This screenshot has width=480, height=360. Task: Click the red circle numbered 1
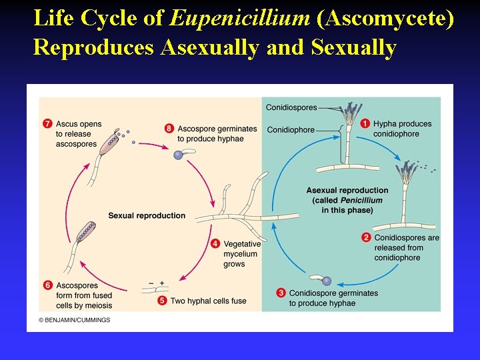click(365, 123)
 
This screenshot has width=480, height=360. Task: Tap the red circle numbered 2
click(366, 237)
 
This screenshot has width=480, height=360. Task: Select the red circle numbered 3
click(281, 293)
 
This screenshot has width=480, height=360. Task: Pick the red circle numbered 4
click(215, 243)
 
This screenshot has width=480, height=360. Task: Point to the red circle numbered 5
click(162, 301)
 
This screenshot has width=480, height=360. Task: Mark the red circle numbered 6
click(47, 285)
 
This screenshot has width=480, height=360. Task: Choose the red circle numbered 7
click(47, 123)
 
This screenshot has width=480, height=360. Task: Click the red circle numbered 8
click(169, 129)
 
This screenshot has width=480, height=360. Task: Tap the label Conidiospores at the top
click(291, 107)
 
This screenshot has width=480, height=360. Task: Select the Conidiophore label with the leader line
click(290, 130)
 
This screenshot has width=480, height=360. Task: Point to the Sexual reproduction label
click(147, 215)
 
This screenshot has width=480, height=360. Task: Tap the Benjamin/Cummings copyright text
click(74, 320)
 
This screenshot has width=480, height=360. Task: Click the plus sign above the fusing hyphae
click(161, 283)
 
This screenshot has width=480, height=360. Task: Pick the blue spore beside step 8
click(178, 155)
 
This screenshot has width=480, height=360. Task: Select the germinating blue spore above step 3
click(326, 281)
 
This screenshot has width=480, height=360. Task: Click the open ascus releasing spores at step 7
click(109, 143)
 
